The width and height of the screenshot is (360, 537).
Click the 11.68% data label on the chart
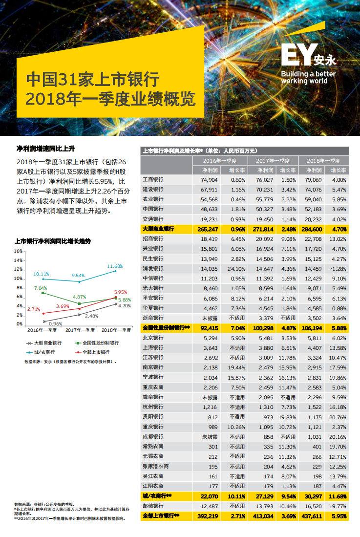click(x=115, y=266)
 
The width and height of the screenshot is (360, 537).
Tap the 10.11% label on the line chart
click(x=41, y=274)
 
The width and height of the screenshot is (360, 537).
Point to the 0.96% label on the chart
click(x=55, y=324)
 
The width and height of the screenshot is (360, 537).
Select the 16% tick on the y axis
click(x=18, y=251)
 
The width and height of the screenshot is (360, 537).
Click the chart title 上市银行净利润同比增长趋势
click(x=52, y=241)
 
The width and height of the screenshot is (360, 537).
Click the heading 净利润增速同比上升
click(x=45, y=149)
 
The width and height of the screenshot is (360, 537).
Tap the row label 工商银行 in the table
click(x=152, y=180)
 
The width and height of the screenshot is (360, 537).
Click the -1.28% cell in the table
click(x=338, y=269)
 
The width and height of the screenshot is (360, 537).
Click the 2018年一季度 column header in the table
click(x=322, y=160)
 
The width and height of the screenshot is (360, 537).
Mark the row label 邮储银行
click(x=152, y=506)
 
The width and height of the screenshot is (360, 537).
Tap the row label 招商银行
click(x=152, y=239)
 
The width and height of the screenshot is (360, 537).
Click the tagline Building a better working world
click(x=308, y=77)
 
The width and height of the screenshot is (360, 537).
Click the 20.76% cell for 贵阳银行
click(x=338, y=417)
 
